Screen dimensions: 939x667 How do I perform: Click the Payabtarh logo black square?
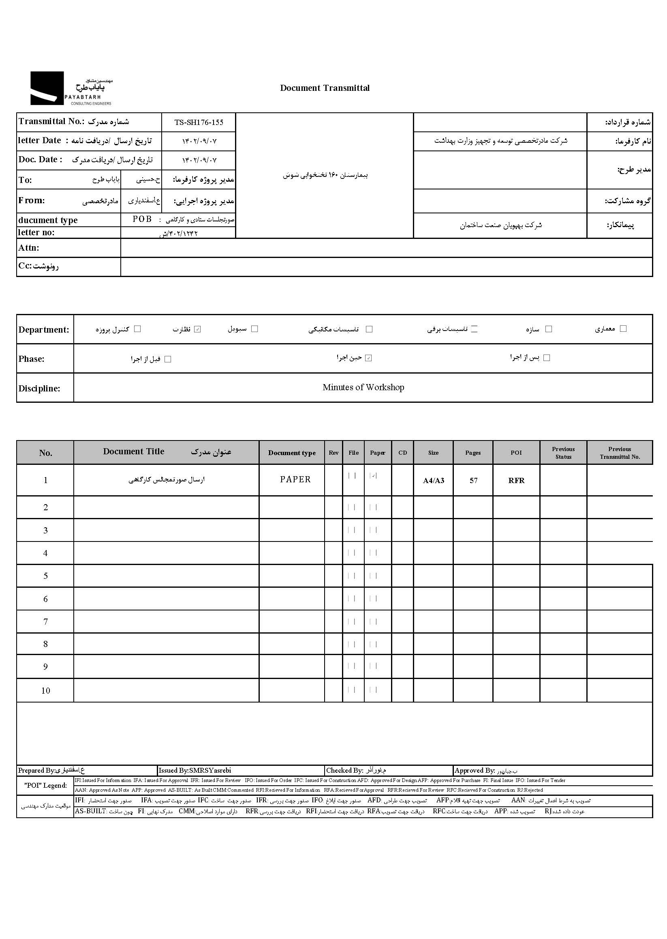47,88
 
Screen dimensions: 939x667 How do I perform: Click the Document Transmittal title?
325,88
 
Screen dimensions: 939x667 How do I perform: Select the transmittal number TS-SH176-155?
199,122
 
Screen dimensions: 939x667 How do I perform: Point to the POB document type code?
142,219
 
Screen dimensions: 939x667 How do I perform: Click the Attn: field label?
29,248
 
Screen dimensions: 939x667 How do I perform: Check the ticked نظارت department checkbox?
198,329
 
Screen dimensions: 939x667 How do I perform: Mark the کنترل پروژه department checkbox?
138,329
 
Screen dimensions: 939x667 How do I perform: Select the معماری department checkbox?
623,329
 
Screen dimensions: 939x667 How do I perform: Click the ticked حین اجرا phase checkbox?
368,358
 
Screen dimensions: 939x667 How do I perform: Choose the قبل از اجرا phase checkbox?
168,359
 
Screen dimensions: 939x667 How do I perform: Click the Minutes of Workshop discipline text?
363,387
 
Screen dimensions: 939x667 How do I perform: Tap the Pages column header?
473,453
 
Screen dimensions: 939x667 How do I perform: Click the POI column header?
516,453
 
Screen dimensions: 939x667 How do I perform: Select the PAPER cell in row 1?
295,479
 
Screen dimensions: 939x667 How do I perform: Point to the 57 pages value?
473,481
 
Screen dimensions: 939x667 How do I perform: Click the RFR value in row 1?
516,481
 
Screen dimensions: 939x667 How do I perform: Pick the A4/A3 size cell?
433,481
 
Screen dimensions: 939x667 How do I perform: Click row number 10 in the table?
46,691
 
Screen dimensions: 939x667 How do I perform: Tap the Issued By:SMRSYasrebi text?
195,770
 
